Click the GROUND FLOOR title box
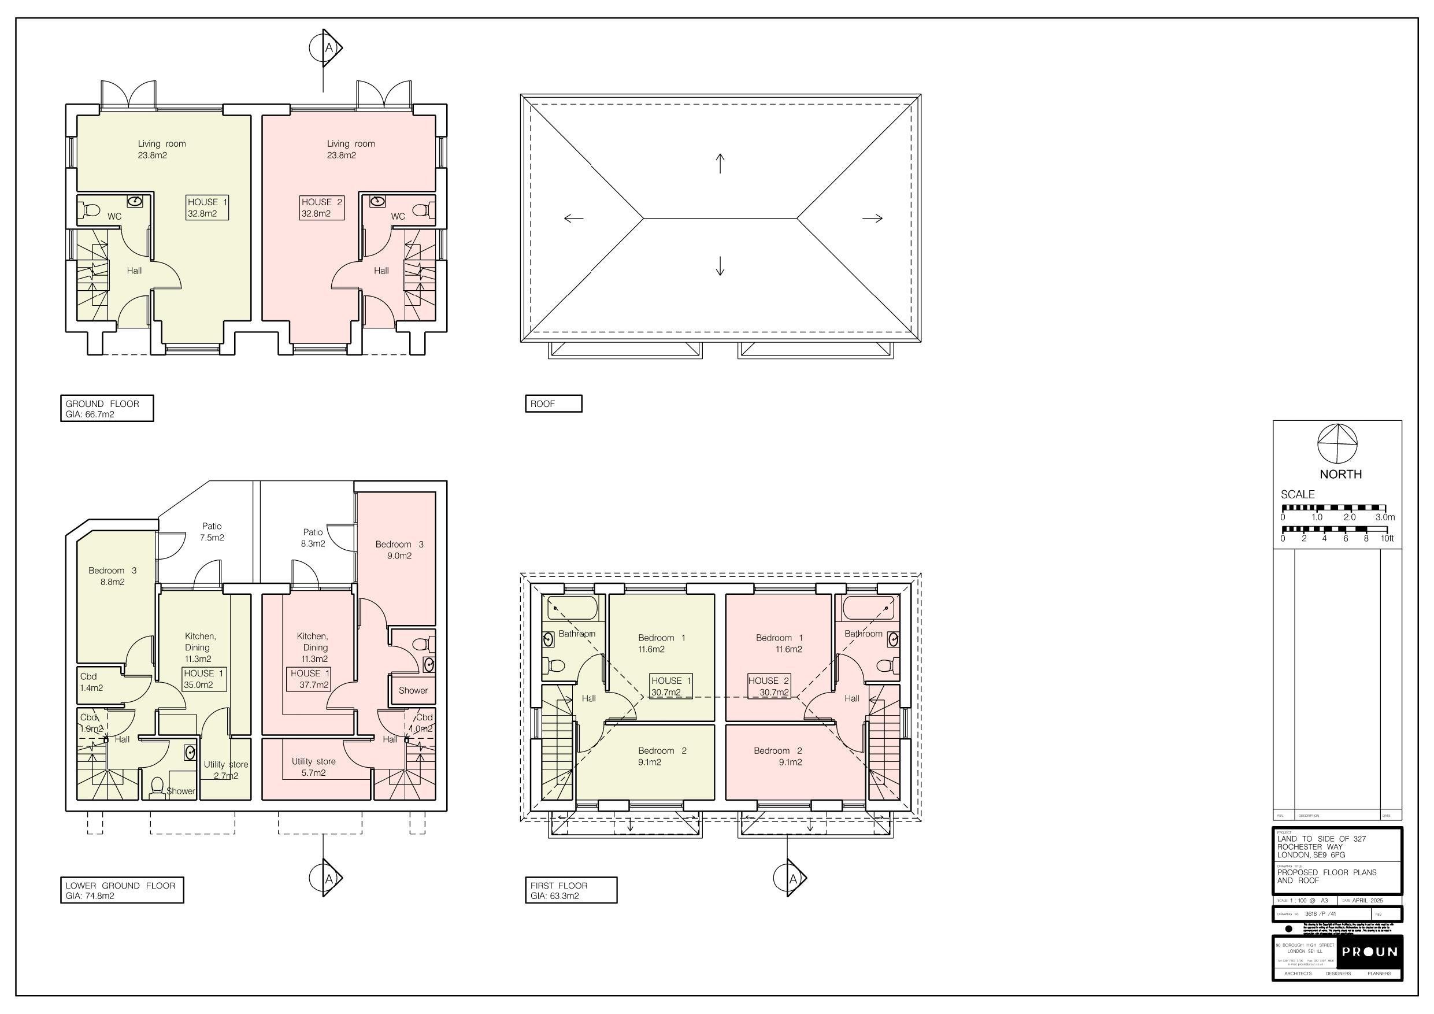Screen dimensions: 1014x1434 tap(107, 409)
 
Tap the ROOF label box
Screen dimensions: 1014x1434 tap(553, 404)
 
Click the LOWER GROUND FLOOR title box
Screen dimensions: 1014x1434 tap(122, 890)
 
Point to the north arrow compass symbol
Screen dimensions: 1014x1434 tap(1337, 443)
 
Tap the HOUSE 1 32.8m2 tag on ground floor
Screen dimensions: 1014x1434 tap(207, 208)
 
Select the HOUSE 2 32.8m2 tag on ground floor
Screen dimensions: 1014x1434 tap(321, 208)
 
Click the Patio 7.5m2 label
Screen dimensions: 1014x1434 tap(212, 532)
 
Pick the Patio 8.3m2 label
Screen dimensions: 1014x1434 tap(313, 538)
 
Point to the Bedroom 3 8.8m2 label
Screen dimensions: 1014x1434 tap(113, 576)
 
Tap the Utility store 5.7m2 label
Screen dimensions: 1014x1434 tap(313, 767)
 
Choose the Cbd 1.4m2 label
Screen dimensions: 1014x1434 tap(91, 682)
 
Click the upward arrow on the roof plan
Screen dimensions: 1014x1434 tap(720, 163)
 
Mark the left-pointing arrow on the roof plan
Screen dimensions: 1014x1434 tap(573, 218)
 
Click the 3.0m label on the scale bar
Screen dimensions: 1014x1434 tap(1385, 517)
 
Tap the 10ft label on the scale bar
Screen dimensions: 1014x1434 tap(1387, 539)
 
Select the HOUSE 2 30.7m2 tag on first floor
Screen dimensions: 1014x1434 tap(769, 687)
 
